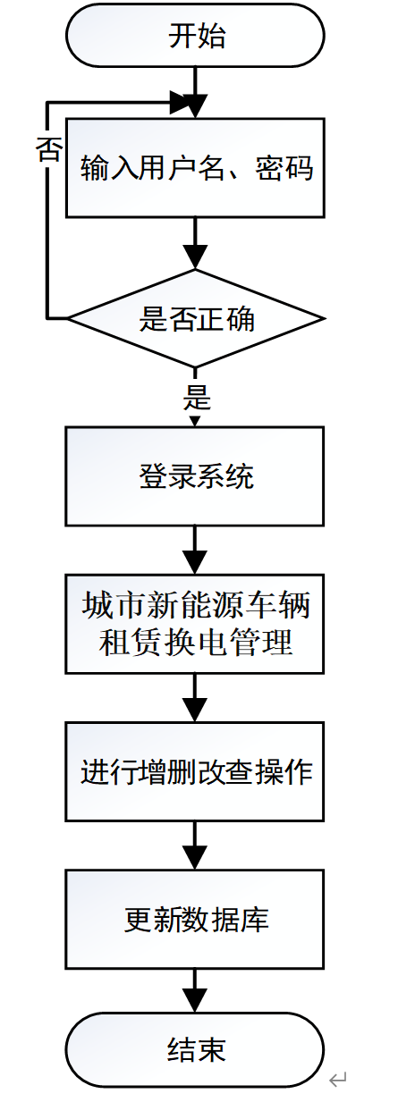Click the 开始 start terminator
pos(196,36)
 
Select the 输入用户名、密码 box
pos(195,167)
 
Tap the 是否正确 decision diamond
pos(196,318)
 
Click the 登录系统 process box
pos(195,475)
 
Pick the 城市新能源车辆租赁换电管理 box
pos(195,623)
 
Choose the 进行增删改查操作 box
pos(195,770)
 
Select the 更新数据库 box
pos(195,918)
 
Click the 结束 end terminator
pos(196,1047)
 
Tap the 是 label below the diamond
pos(197,396)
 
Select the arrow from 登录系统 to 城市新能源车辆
pos(195,550)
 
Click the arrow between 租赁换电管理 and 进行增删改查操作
pos(195,697)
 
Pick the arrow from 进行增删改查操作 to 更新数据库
pos(195,845)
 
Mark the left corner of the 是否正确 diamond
pos(71,318)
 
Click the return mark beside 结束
pos(337,1081)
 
